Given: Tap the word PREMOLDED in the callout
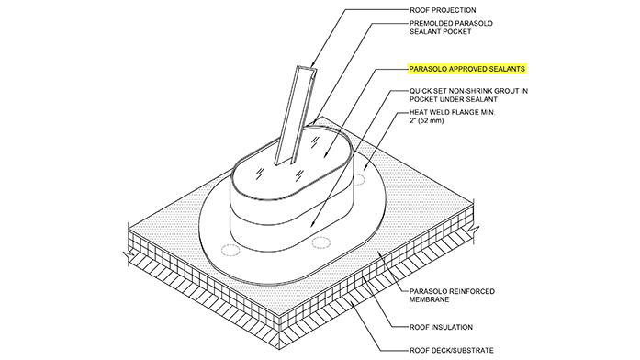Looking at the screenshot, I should click(432, 25).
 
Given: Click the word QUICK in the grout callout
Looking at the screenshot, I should click(423, 92).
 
